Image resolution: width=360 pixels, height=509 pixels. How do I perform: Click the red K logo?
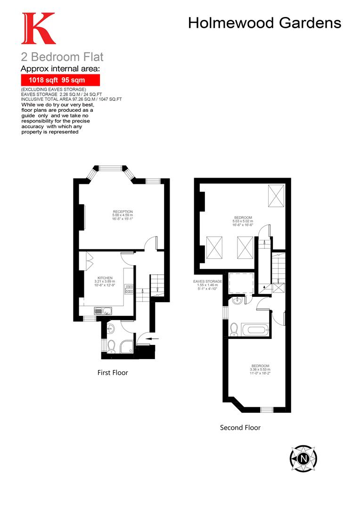click(38, 29)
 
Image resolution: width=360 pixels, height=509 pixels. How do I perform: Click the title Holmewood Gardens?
click(264, 23)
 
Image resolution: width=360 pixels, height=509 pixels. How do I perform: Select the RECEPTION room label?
click(123, 212)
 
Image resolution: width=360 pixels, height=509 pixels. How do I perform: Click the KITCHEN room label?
click(105, 278)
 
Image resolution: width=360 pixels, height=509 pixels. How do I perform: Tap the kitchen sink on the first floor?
click(102, 310)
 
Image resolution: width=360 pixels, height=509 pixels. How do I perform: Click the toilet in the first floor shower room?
click(111, 347)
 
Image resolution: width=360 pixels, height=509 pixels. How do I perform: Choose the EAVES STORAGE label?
click(207, 281)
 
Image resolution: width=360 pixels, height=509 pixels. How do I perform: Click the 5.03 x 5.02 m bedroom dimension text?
click(243, 221)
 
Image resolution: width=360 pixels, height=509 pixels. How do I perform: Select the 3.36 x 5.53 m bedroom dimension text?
click(260, 369)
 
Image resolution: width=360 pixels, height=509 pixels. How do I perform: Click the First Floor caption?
click(113, 372)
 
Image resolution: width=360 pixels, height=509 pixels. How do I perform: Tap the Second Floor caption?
click(240, 427)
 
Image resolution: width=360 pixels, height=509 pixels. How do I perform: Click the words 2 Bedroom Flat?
click(62, 57)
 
